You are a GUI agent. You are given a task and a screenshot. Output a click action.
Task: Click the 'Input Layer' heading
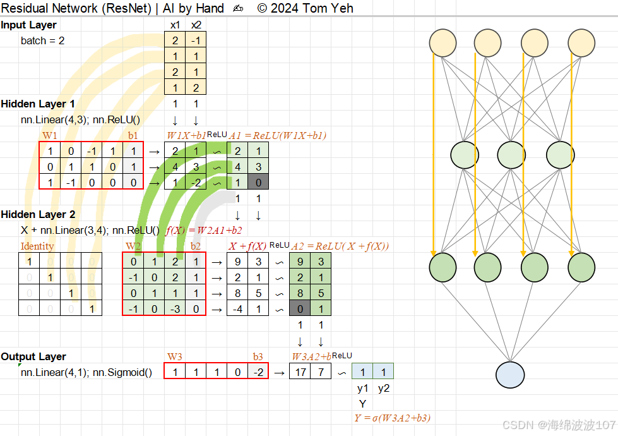[x=29, y=25]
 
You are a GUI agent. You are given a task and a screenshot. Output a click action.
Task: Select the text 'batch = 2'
[x=42, y=40]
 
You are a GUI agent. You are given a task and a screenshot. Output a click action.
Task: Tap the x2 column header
[x=196, y=25]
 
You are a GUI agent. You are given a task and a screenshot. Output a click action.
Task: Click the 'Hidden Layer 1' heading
[x=38, y=104]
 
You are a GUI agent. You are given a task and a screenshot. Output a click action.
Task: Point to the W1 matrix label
[x=49, y=135]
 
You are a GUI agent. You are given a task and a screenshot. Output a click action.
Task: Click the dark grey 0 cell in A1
[x=258, y=183]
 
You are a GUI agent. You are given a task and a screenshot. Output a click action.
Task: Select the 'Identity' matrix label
[x=37, y=246]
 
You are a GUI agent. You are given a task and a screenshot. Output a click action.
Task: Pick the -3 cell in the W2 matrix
[x=174, y=309]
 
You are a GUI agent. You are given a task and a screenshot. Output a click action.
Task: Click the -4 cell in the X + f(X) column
[x=237, y=309]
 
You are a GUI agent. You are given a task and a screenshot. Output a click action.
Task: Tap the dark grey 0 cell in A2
[x=300, y=309]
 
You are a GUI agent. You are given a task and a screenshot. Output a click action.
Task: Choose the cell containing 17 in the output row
[x=300, y=372]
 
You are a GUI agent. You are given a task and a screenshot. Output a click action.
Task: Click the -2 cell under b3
[x=258, y=372]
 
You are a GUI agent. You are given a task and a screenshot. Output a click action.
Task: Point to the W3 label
[x=175, y=356]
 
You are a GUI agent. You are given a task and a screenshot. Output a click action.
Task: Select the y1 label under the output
[x=362, y=389]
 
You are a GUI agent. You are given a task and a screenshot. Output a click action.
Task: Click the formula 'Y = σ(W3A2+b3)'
[x=393, y=418]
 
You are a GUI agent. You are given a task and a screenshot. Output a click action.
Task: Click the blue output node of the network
[x=510, y=374]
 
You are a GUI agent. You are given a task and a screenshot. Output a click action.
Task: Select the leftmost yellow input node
[x=443, y=42]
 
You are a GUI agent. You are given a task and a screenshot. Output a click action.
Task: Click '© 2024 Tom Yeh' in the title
[x=306, y=8]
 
